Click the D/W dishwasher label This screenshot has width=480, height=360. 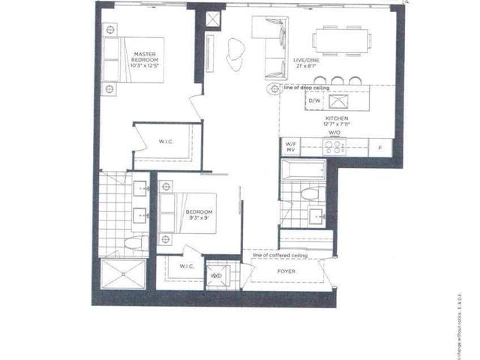(x=294, y=100)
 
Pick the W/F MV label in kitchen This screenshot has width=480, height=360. (x=291, y=146)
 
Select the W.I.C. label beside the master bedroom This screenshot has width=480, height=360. (x=166, y=142)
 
